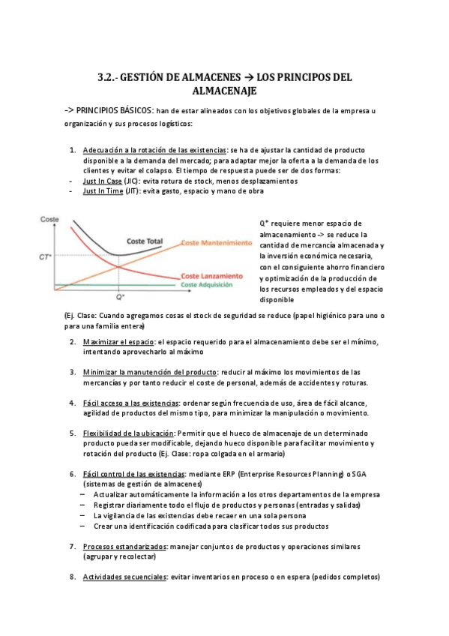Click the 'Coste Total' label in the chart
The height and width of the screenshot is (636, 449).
(145, 241)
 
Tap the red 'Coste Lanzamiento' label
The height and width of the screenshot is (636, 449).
(212, 276)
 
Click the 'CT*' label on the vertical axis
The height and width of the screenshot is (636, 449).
(45, 257)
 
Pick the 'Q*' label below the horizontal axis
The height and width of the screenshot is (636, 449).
(121, 298)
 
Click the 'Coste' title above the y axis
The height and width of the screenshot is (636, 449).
(49, 219)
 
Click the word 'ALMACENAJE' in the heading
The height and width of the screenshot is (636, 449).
(224, 91)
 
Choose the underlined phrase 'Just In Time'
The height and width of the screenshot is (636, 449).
(103, 191)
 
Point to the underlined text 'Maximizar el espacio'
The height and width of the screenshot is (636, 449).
(118, 343)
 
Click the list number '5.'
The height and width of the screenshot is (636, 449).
(72, 433)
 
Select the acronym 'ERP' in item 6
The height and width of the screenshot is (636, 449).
(225, 474)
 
